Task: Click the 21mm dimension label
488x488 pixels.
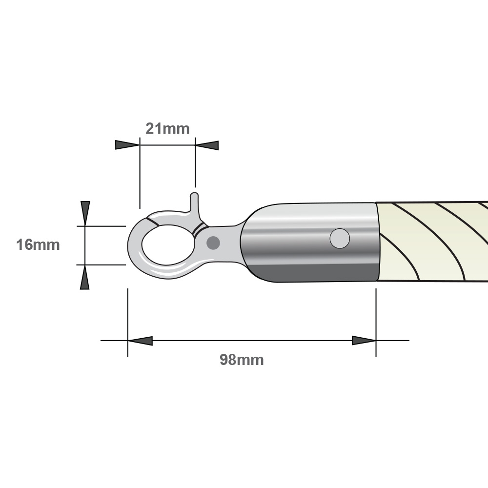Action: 167,128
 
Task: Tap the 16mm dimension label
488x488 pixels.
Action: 38,244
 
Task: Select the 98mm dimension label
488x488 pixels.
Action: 242,360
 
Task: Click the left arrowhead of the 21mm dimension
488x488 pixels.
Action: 127,145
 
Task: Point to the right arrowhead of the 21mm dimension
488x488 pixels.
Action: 207,145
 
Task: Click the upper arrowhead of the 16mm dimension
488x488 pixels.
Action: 85,213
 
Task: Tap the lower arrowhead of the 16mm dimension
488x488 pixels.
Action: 84,277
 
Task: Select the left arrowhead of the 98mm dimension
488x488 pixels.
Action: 140,341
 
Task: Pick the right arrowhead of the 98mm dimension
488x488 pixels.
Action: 364,341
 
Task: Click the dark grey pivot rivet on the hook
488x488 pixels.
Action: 213,243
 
